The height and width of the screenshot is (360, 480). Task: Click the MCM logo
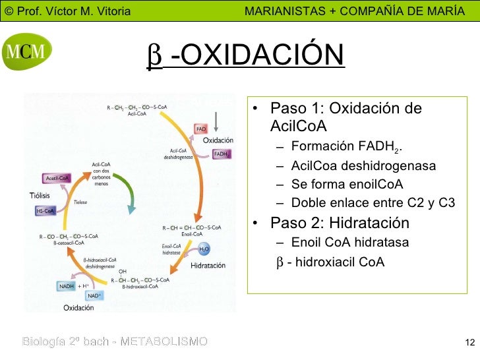coord(26,52)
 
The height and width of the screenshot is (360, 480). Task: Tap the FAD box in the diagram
coord(201,128)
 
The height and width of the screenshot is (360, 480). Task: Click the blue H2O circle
coord(204,249)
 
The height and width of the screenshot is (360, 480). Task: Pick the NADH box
coord(67,287)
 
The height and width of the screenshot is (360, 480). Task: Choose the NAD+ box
coord(93,296)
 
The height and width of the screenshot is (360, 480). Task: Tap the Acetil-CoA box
coord(57,178)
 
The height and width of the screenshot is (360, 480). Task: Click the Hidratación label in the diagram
coord(208,266)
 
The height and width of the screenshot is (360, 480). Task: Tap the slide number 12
coord(469,342)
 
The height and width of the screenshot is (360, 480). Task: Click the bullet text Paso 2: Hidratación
coord(339,222)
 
